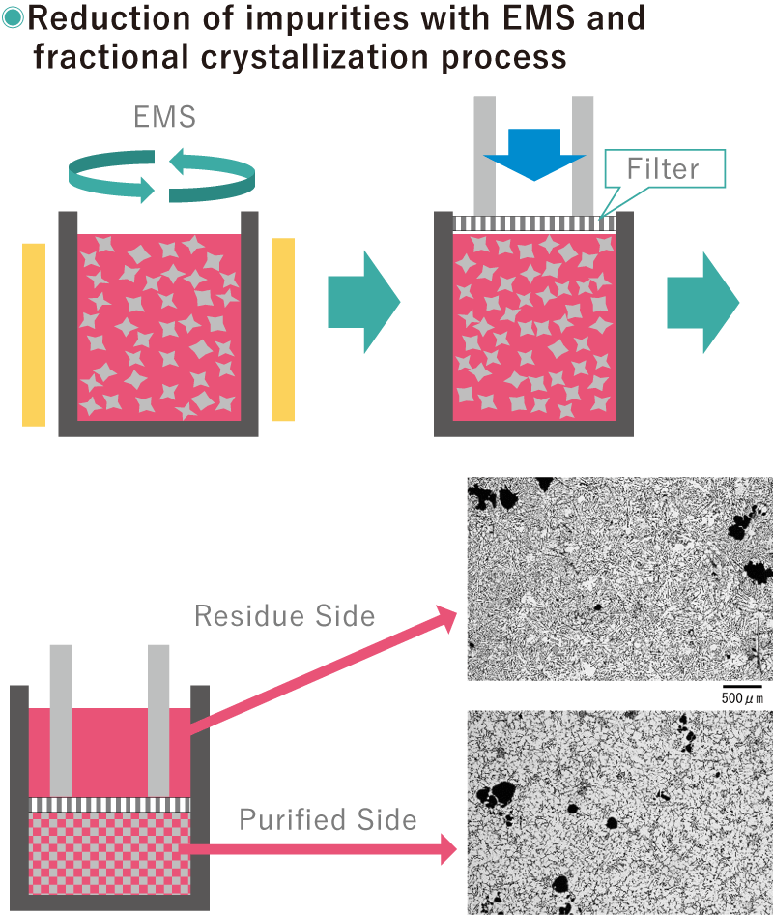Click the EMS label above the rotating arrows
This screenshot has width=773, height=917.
tap(164, 118)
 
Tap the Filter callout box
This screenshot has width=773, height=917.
tap(663, 169)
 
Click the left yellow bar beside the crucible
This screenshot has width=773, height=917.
tap(33, 335)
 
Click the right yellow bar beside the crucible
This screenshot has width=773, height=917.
tap(283, 329)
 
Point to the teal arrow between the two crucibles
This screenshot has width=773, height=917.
tap(362, 302)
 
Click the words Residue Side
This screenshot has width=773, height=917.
tap(285, 615)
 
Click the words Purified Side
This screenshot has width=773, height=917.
tap(329, 820)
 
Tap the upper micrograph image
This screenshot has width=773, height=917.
tap(618, 578)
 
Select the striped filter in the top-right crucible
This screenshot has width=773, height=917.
tap(534, 223)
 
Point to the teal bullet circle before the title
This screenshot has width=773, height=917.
tap(12, 17)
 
